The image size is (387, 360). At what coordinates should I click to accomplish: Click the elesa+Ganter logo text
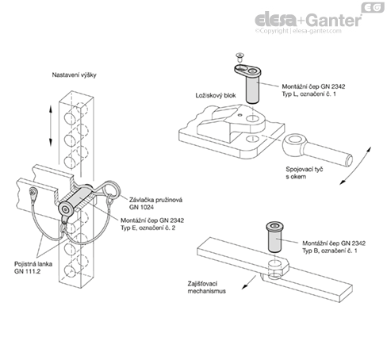point(308,20)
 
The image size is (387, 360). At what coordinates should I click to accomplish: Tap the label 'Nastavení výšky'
point(74,75)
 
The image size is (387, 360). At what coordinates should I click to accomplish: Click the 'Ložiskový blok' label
point(216,95)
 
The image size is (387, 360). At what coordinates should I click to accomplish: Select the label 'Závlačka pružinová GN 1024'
point(155,204)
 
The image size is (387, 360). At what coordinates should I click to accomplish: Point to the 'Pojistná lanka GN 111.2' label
point(33,267)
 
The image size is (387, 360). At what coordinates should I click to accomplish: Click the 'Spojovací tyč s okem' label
point(305,173)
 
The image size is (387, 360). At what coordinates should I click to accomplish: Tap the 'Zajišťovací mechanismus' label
point(207,287)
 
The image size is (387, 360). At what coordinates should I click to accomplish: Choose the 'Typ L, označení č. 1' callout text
point(308,94)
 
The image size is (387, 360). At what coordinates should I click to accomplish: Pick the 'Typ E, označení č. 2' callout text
point(148,228)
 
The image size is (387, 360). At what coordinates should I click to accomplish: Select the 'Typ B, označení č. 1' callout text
point(330,251)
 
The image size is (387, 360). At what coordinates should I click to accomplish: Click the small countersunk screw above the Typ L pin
point(240,57)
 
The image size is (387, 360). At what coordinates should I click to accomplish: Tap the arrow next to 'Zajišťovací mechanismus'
point(249,282)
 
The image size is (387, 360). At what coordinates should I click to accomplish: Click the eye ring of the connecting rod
point(293,144)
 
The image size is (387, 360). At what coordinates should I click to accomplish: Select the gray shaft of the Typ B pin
point(274,241)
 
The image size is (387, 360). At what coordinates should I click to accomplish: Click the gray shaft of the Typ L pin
point(252,89)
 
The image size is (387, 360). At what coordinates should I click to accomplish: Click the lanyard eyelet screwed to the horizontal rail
point(33,195)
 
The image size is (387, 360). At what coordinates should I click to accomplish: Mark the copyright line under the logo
point(298,31)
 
